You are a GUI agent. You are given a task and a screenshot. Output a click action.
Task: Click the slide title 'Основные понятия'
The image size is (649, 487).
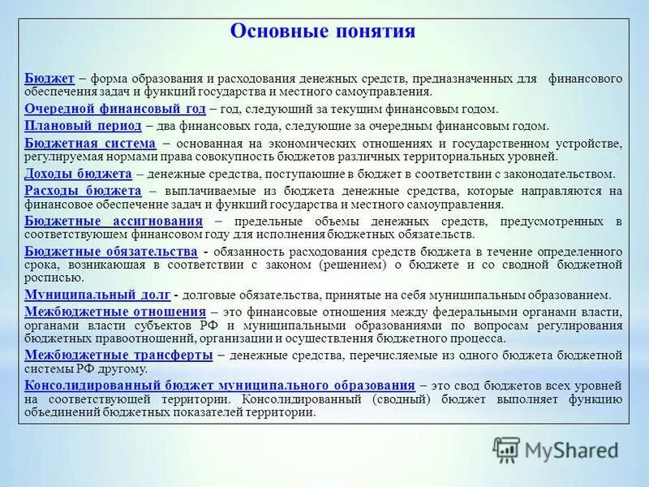point(323,32)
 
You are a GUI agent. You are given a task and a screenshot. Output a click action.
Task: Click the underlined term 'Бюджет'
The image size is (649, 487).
point(49,78)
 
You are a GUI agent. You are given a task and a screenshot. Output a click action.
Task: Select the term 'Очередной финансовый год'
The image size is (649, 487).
point(115,109)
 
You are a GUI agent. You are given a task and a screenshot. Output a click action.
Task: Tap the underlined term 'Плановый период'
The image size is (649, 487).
point(83,126)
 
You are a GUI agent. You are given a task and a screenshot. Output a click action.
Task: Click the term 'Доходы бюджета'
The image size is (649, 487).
point(78,174)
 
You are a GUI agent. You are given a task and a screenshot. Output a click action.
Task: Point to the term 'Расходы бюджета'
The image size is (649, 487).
point(83,190)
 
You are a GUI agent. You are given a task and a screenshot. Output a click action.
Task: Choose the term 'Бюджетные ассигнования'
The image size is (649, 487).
point(114,221)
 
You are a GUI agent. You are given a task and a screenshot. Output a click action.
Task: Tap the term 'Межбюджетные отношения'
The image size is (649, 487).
point(115,312)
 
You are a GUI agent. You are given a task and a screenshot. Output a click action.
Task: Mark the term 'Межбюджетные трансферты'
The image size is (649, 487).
point(118,355)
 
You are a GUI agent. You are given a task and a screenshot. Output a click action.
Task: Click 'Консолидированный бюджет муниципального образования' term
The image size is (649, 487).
point(220,386)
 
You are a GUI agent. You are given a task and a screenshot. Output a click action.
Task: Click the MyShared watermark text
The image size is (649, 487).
point(572,449)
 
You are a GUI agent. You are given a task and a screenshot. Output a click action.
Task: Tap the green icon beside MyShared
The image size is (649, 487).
point(507,450)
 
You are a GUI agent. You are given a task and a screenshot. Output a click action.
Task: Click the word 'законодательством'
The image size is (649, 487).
point(564,175)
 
